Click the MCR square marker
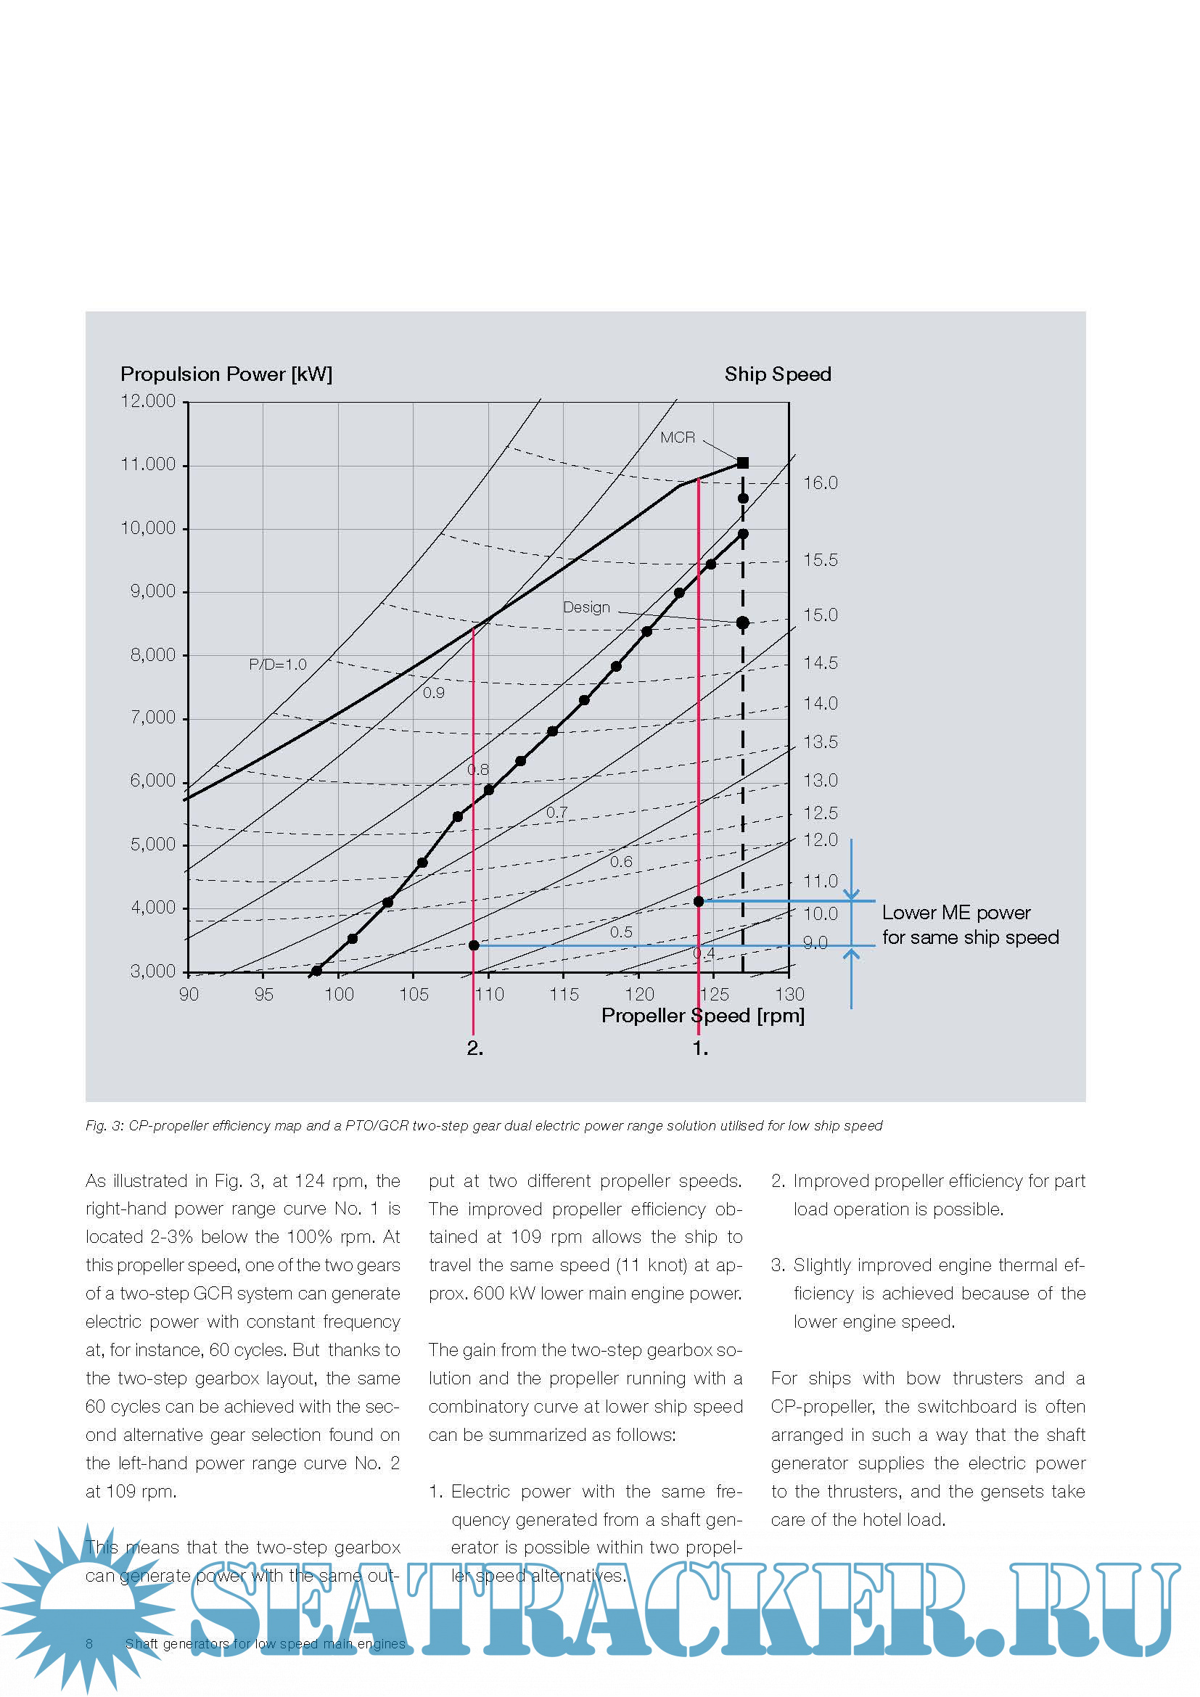pos(743,463)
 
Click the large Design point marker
pos(743,622)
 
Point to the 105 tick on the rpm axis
pos(414,994)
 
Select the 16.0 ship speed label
pos(821,482)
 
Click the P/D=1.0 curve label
pos(277,664)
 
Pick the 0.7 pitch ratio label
pos(556,812)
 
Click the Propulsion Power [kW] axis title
pos(226,374)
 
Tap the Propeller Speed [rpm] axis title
pos(702,1015)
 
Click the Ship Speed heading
pos(777,374)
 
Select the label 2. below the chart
pos(474,1048)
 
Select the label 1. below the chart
pos(699,1048)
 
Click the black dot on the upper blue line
pos(698,901)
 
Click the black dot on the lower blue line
pos(474,945)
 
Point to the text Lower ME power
pos(956,912)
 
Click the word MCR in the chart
pos(677,437)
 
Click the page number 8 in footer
pos(89,1643)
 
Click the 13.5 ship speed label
pos(821,741)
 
